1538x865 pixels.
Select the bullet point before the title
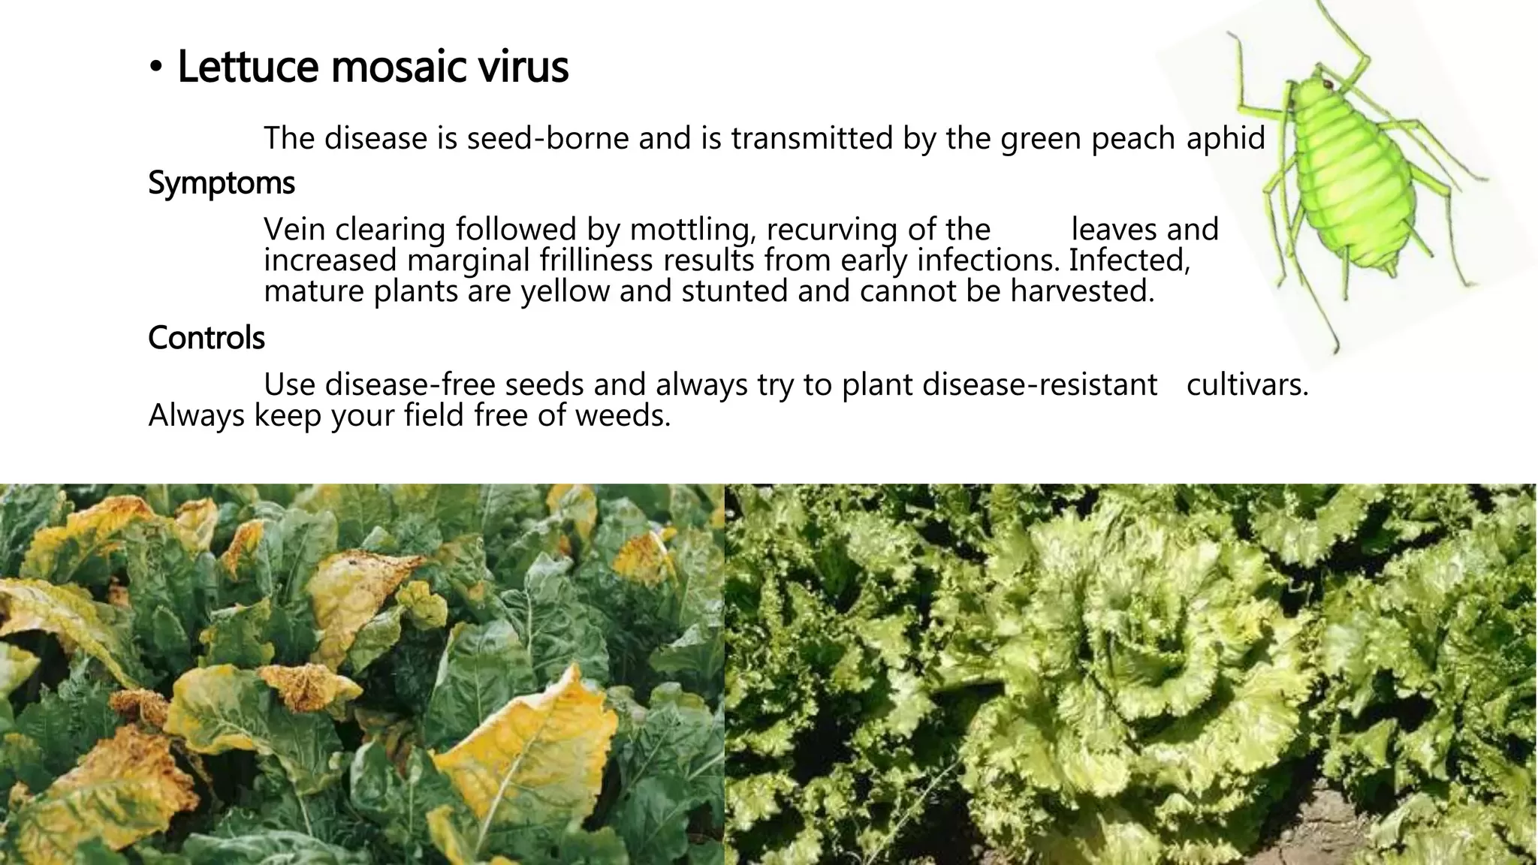tap(155, 69)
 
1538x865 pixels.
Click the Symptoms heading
tap(222, 183)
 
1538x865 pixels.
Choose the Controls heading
tap(207, 338)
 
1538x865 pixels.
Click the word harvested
tap(1082, 291)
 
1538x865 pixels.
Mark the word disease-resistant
tap(1039, 384)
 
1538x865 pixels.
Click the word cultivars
tap(1247, 384)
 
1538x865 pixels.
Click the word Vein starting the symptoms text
tap(294, 230)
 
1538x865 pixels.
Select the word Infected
tap(1129, 261)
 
